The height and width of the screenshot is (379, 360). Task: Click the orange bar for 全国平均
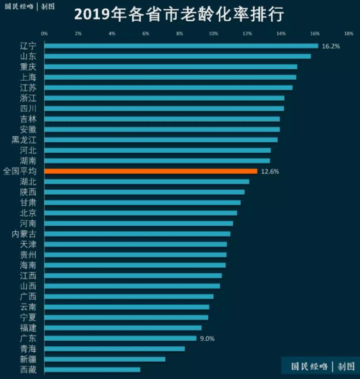click(150, 171)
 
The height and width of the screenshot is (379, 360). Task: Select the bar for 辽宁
click(181, 46)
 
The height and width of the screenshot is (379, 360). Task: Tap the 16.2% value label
click(331, 46)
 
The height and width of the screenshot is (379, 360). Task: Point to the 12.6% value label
click(270, 171)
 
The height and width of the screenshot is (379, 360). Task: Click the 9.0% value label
click(207, 339)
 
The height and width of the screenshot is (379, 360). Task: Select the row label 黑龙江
click(24, 140)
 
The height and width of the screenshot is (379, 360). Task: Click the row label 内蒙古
click(24, 234)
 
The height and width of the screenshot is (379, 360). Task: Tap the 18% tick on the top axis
click(349, 33)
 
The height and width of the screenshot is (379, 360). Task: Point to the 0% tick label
click(44, 33)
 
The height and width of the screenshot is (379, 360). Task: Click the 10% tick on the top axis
click(213, 33)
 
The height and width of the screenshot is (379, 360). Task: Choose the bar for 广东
click(120, 338)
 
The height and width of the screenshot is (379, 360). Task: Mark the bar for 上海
click(170, 77)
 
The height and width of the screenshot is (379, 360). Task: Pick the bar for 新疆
click(104, 359)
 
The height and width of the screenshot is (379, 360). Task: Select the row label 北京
click(28, 213)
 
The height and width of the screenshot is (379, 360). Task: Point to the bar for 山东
click(177, 56)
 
